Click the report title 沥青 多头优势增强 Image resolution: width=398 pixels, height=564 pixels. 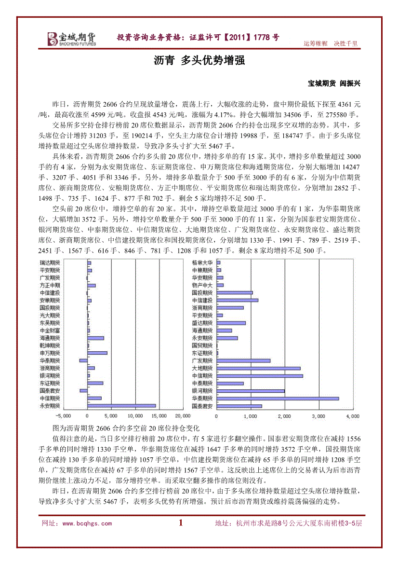coord(199,60)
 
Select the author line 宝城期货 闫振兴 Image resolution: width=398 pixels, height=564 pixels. coord(334,83)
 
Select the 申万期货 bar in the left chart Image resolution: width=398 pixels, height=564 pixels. coord(97,353)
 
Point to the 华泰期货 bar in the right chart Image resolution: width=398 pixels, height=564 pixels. coord(278,399)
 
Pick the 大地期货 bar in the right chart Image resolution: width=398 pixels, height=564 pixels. coord(258,368)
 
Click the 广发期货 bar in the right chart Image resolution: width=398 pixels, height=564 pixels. coord(243,360)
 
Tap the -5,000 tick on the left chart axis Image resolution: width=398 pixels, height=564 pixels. coord(63,415)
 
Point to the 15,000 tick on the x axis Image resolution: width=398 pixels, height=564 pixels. coord(159,415)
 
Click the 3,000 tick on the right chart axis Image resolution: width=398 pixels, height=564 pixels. coord(318,415)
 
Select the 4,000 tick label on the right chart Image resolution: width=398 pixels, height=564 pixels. coord(353,415)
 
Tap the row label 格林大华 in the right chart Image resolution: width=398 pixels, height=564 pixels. coord(202,262)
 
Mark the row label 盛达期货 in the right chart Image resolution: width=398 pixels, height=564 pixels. coord(202,323)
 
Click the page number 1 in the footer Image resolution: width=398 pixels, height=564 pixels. coord(181,523)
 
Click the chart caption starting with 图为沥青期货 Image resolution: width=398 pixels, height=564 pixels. coord(125,428)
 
